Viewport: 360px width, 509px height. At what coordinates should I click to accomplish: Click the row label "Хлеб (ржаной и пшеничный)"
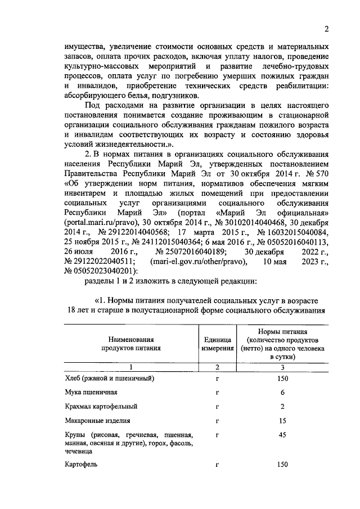tap(106, 378)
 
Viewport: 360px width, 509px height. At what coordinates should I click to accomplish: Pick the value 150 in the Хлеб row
tap(282, 378)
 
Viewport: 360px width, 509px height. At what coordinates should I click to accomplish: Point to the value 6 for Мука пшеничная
tap(282, 392)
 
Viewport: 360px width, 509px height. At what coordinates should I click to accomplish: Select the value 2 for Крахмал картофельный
tap(282, 406)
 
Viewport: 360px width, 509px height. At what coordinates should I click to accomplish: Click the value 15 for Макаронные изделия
tap(282, 420)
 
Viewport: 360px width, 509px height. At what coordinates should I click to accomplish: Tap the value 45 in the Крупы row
tap(282, 435)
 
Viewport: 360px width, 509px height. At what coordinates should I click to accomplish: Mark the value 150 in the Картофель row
tap(282, 465)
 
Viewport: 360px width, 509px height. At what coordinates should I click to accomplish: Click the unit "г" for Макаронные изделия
tap(217, 420)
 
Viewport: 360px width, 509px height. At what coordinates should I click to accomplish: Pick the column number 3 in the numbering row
tap(282, 367)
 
